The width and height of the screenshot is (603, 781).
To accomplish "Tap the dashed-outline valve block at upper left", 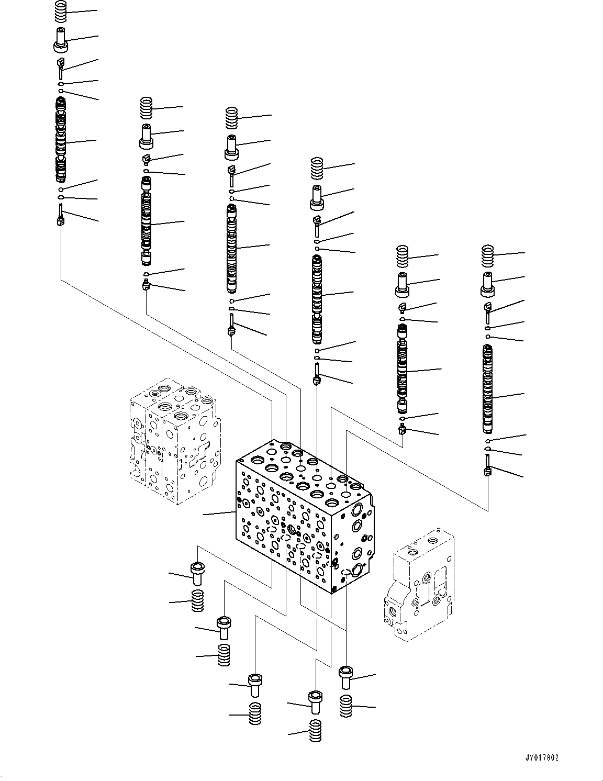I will coord(173,440).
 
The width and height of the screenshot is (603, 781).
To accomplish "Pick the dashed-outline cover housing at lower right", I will coord(419,586).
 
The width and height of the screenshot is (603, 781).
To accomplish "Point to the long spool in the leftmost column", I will coord(61,139).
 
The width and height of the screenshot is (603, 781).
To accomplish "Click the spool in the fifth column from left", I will coord(402,369).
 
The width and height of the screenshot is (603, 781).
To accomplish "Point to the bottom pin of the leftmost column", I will coord(61,216).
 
